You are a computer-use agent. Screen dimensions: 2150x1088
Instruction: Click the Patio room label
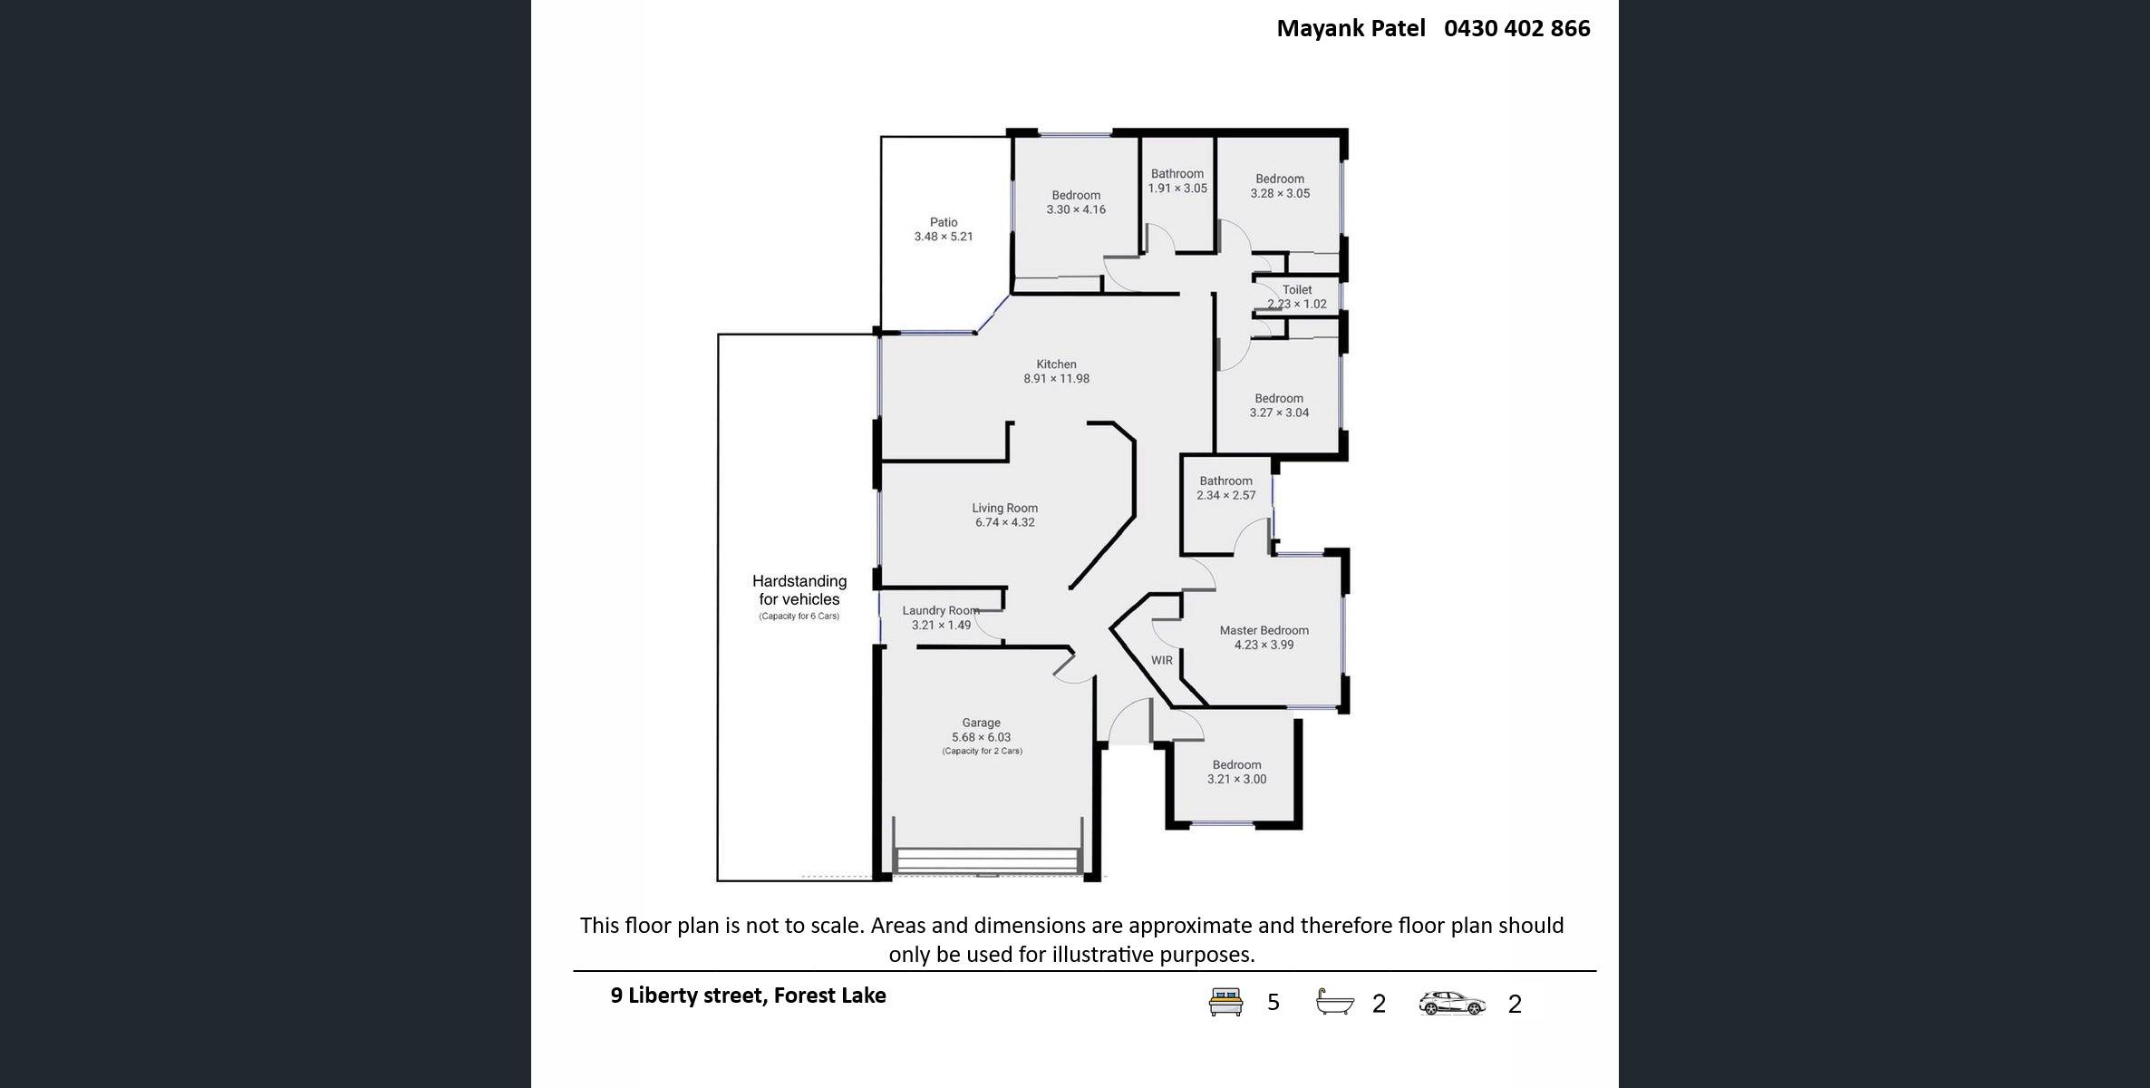(944, 222)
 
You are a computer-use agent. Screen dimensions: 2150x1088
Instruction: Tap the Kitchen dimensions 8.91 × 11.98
(1057, 379)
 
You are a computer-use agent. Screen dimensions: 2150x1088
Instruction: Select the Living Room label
(1005, 508)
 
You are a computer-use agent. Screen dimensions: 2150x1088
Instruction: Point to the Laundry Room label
(941, 610)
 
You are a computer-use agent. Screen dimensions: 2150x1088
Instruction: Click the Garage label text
(982, 723)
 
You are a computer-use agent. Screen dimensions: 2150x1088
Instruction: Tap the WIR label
(1162, 660)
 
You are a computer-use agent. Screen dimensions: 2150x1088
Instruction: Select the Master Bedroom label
(1264, 630)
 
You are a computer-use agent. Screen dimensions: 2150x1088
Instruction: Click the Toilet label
(1297, 289)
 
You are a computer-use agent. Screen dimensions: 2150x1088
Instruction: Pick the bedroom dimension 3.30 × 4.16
(1076, 209)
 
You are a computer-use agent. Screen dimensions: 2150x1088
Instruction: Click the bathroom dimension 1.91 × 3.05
(1177, 189)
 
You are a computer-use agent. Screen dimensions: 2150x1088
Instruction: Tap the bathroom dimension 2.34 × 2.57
(1226, 495)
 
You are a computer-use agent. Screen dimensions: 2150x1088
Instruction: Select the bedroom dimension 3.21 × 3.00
(1237, 779)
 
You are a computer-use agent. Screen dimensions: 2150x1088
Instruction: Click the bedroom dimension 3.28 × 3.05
(1280, 193)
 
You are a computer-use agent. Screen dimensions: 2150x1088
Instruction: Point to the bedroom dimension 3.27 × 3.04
(1279, 413)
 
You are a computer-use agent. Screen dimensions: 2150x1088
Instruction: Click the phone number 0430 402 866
(1517, 28)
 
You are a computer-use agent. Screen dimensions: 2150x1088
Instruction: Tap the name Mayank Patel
(1351, 29)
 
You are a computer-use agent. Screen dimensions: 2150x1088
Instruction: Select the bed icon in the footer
(1225, 1002)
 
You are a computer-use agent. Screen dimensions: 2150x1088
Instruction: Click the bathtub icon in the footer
(1335, 1002)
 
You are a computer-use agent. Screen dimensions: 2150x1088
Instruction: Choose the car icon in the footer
(1452, 1003)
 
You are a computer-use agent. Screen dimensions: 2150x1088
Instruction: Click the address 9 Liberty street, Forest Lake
(748, 996)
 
